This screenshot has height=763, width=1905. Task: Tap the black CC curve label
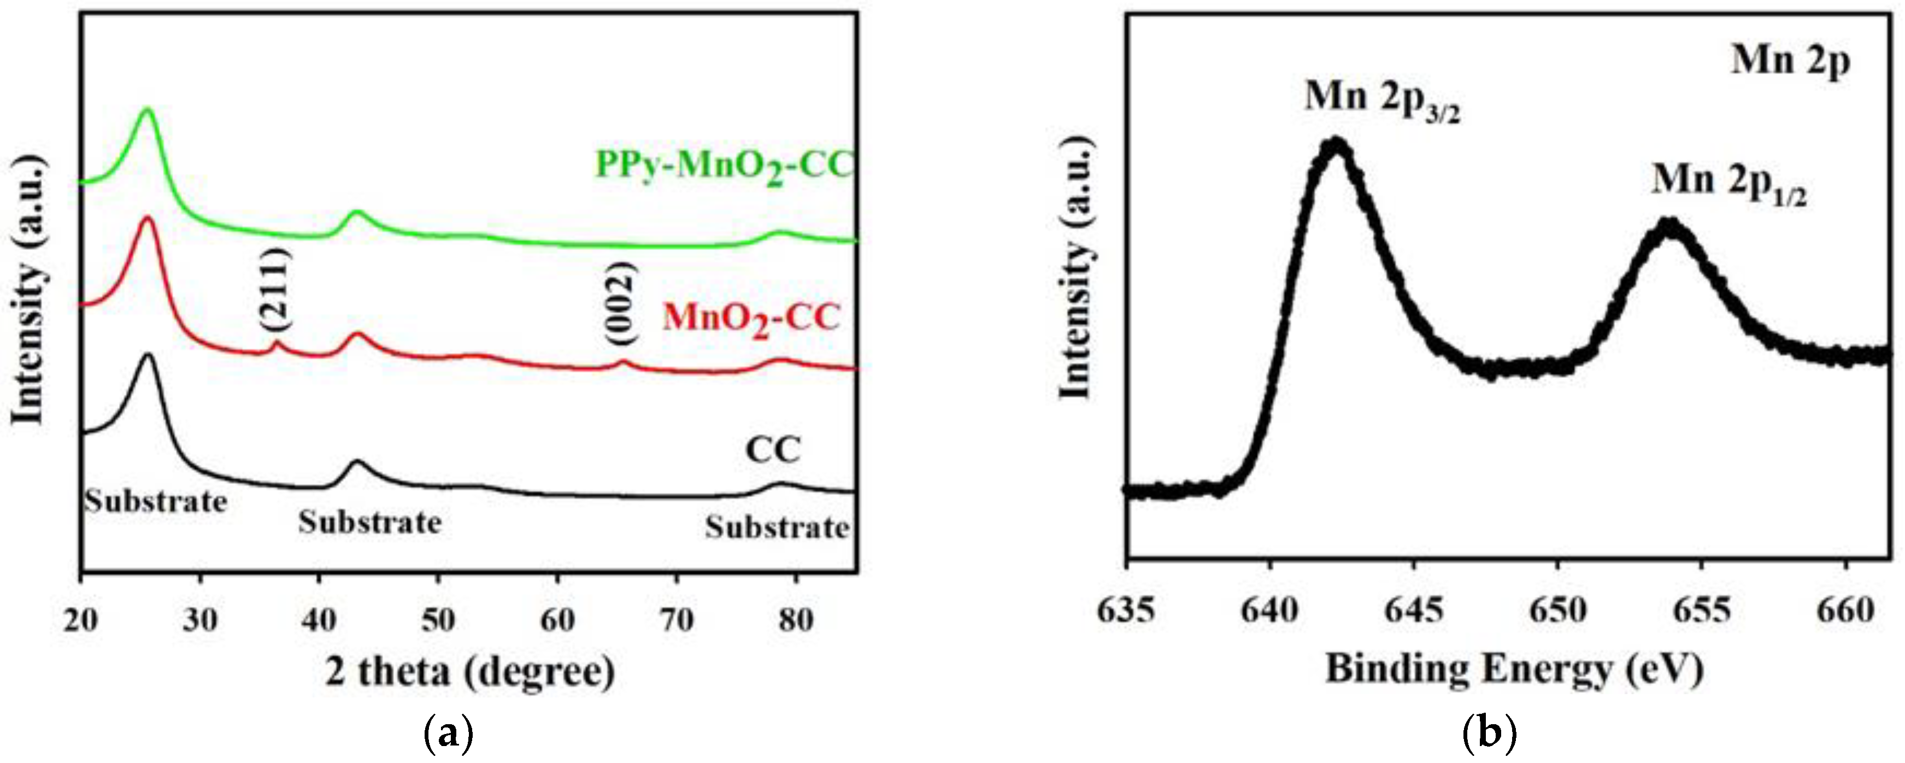[x=773, y=450]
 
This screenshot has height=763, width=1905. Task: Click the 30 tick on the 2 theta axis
[x=199, y=620]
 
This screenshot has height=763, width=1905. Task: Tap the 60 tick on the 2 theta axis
[x=557, y=620]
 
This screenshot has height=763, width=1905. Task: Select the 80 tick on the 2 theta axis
[x=796, y=620]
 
